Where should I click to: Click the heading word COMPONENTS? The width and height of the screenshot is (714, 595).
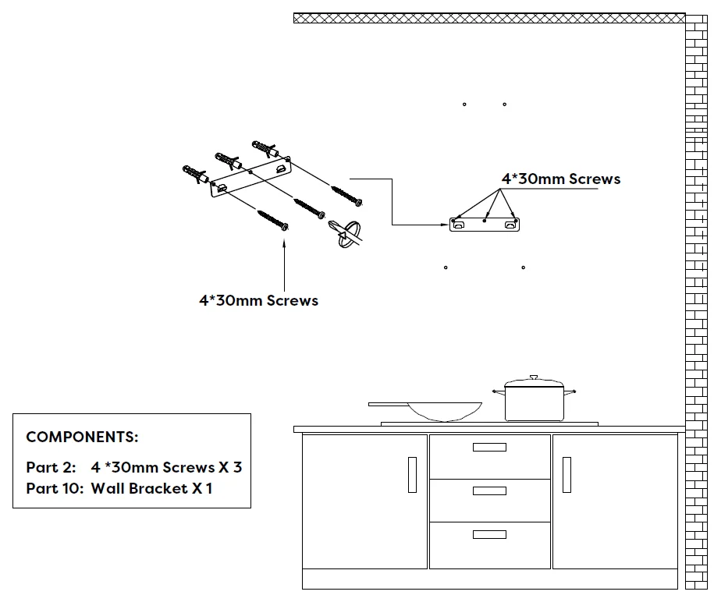tap(82, 437)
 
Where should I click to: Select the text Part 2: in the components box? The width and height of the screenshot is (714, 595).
tap(52, 468)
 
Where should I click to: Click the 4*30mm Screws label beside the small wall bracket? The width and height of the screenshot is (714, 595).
tap(561, 179)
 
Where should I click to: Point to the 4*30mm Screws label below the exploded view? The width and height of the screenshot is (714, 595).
tap(258, 300)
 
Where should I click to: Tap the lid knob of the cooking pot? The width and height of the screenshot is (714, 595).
tap(535, 377)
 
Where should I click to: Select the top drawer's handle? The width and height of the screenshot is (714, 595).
tap(489, 447)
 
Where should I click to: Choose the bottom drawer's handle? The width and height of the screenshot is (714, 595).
tap(489, 534)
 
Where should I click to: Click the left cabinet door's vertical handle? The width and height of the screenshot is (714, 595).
tap(412, 474)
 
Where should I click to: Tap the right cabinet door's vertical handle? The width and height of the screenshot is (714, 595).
tap(567, 474)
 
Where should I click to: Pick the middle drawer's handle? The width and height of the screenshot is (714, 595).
tap(489, 491)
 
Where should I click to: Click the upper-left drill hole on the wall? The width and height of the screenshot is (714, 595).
tap(464, 104)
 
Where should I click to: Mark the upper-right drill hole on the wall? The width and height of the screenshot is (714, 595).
tap(505, 104)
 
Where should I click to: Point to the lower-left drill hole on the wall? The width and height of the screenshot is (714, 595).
tap(446, 267)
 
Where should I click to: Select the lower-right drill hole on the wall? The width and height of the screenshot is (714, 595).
tap(524, 267)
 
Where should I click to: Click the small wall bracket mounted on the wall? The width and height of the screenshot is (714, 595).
tap(485, 225)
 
